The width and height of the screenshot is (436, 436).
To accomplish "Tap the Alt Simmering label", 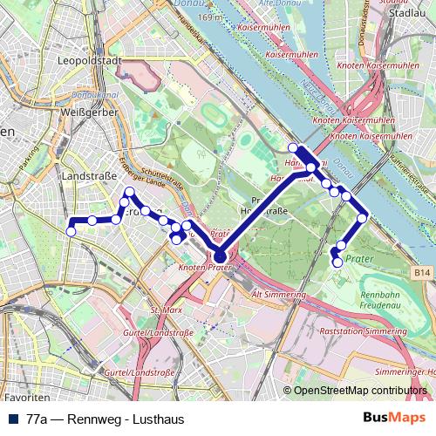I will tap(280, 295).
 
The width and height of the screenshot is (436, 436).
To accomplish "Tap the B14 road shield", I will tap(423, 273).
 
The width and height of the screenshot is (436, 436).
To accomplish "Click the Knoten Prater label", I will tap(206, 268).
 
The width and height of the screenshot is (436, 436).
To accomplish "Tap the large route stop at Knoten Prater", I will tap(220, 255).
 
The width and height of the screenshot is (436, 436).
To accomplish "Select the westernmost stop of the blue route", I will tap(71, 231).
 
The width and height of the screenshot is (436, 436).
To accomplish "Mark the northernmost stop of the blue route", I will tap(293, 147).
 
